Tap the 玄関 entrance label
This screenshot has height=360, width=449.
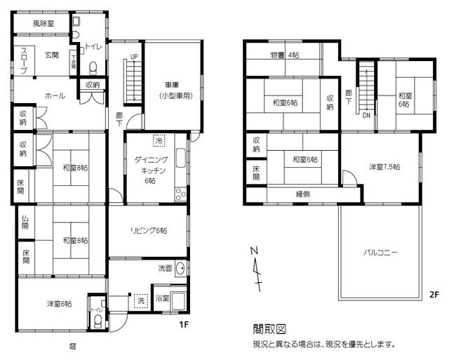coord(51,54)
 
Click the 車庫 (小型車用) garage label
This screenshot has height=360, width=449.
coord(174,91)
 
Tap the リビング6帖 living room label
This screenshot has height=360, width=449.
coord(147,229)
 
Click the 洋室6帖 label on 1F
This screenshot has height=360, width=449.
coord(60,303)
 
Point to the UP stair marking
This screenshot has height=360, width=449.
coord(133,57)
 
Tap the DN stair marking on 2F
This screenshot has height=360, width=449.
coord(366,116)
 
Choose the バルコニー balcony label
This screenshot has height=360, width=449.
coord(381,252)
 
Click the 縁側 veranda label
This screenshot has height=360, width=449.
coord(303,194)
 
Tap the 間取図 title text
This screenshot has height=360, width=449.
coord(269,328)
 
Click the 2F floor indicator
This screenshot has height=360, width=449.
coord(434,295)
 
